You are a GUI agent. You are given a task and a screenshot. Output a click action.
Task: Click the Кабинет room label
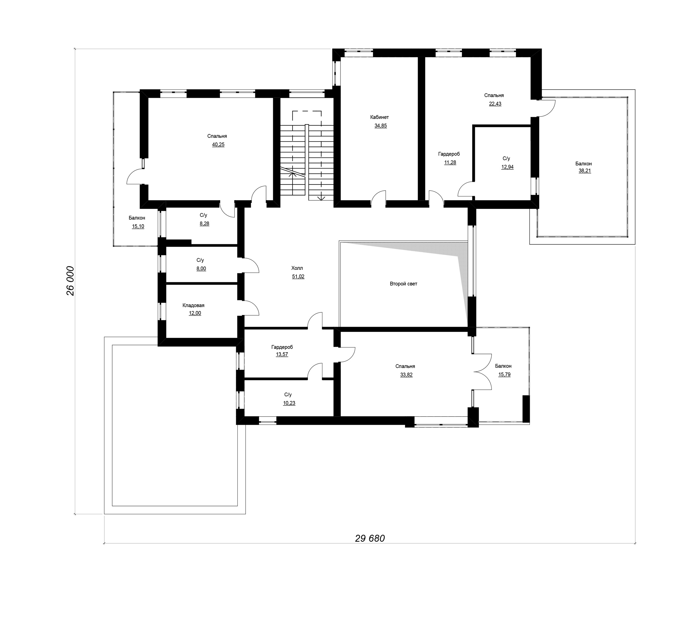point(379,117)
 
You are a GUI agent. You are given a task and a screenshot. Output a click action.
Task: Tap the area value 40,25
point(218,144)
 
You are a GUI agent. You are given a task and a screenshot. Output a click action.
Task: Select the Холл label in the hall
point(297,268)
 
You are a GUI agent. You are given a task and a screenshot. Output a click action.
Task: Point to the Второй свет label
point(403,284)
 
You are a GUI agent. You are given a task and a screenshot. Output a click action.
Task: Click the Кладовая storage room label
point(194,305)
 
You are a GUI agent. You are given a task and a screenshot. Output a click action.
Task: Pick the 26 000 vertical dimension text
point(70,281)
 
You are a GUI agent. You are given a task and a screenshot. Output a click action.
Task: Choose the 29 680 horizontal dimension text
point(370,538)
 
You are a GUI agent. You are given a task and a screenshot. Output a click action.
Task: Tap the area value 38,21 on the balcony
point(585,171)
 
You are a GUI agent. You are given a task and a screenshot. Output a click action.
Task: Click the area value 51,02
point(298,277)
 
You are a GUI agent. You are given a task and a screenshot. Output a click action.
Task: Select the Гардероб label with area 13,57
point(282,347)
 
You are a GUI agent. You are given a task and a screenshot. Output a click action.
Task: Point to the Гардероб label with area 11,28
point(449,154)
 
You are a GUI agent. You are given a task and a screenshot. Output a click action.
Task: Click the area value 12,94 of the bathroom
point(507,167)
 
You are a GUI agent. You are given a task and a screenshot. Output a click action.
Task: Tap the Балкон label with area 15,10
point(137,218)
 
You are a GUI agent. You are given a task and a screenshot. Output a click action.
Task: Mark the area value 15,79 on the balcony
point(505,375)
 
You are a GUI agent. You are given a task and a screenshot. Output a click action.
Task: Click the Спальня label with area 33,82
point(405,366)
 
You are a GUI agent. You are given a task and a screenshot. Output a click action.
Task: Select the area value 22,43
point(495,104)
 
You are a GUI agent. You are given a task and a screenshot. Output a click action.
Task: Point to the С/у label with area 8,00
point(200,260)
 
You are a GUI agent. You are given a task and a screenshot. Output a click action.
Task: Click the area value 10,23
point(289,403)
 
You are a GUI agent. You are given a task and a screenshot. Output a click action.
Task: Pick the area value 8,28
point(205,224)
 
